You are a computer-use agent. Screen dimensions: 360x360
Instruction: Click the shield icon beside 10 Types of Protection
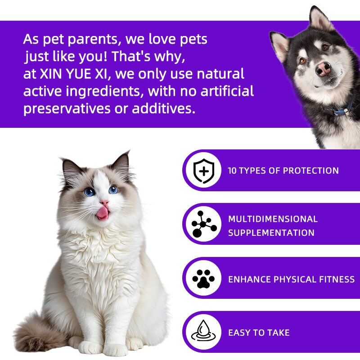[202, 171]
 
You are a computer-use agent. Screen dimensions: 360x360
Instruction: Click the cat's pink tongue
[103, 212]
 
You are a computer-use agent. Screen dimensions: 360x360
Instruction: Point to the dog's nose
[324, 68]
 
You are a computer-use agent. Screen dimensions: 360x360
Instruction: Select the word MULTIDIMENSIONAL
[273, 219]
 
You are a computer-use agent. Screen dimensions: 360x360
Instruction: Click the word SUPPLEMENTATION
[271, 233]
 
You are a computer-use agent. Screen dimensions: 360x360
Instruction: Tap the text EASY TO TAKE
[259, 333]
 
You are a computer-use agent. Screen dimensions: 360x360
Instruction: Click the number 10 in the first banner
[232, 171]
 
